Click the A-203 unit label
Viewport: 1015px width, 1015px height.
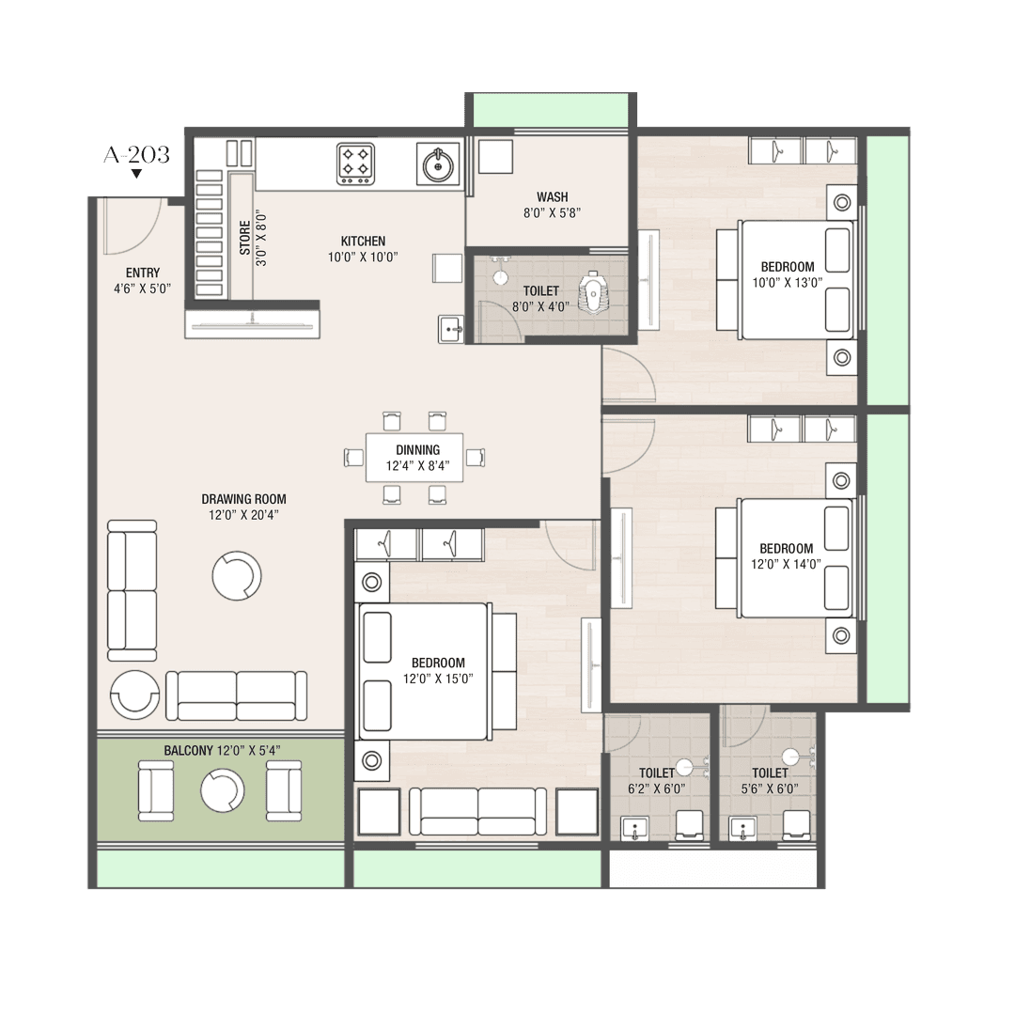[x=136, y=155]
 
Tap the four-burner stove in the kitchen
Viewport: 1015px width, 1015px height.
[x=355, y=164]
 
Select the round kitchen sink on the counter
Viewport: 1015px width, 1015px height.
[x=438, y=165]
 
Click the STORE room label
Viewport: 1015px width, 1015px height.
[x=244, y=238]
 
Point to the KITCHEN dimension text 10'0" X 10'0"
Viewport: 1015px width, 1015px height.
[x=363, y=257]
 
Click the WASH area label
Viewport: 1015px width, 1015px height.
[x=553, y=196]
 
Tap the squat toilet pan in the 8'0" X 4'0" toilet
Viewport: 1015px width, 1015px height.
[x=592, y=293]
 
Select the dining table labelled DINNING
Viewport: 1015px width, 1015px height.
[x=414, y=458]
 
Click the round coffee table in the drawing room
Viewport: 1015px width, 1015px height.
[x=237, y=575]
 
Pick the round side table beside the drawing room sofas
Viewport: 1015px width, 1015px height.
[x=134, y=694]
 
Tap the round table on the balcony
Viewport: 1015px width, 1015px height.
[x=222, y=791]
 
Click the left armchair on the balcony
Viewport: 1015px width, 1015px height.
[x=156, y=791]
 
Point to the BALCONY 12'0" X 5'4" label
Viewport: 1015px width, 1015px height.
[x=222, y=751]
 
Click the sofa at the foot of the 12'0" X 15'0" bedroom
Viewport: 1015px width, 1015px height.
[x=477, y=812]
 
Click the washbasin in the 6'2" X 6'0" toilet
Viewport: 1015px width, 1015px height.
[x=634, y=828]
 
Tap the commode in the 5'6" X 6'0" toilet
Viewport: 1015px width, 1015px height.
[x=796, y=825]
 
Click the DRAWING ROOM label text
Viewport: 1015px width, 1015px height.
[x=243, y=499]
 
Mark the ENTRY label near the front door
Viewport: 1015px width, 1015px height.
[x=143, y=273]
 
